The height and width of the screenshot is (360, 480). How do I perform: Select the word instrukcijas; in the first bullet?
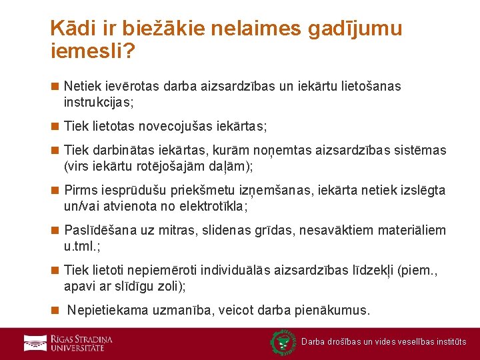coord(99,103)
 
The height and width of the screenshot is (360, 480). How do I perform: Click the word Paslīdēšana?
coord(100,231)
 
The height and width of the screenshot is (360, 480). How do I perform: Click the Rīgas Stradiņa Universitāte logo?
coord(68,343)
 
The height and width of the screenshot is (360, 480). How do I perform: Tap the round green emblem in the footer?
coord(283,343)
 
